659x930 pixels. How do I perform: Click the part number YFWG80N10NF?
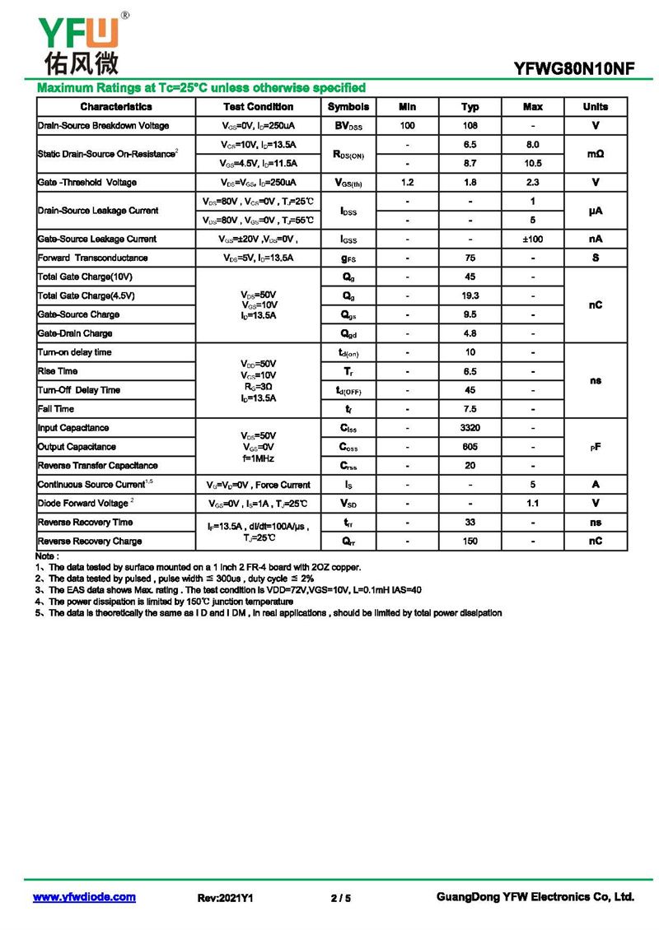(574, 70)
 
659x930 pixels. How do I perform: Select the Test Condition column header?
(258, 107)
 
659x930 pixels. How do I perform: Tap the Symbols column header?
(348, 107)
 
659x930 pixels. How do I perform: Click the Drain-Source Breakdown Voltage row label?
(104, 126)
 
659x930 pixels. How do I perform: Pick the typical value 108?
(470, 126)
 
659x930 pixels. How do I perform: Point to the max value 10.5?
(533, 164)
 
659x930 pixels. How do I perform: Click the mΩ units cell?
(596, 154)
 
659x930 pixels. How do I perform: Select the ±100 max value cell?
(533, 239)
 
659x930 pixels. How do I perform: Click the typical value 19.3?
(470, 295)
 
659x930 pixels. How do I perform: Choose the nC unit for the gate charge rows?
(596, 305)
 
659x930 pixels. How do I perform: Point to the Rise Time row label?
(58, 371)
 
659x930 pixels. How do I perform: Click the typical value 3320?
(470, 428)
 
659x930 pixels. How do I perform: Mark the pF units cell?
(596, 447)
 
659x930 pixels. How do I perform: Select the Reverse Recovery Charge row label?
(90, 542)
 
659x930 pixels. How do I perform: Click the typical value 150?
(470, 542)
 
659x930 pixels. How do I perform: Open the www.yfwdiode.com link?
(84, 897)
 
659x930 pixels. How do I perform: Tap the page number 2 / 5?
(340, 898)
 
